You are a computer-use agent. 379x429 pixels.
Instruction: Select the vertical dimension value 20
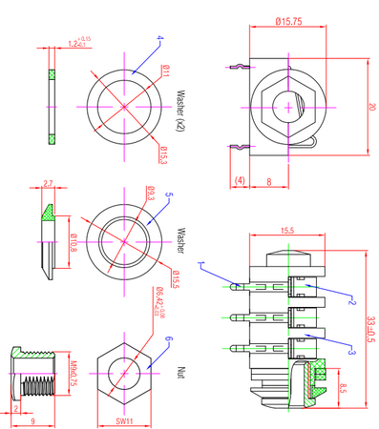tap(371, 107)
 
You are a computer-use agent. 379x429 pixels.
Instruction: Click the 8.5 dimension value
tap(343, 387)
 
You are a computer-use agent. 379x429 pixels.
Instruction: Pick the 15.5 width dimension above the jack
tap(286, 230)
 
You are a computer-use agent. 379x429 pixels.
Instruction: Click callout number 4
tap(160, 39)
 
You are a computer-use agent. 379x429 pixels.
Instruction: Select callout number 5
tap(169, 195)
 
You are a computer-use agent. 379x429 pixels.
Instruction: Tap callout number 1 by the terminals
tap(200, 264)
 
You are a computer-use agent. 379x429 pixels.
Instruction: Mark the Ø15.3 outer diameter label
tap(163, 153)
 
